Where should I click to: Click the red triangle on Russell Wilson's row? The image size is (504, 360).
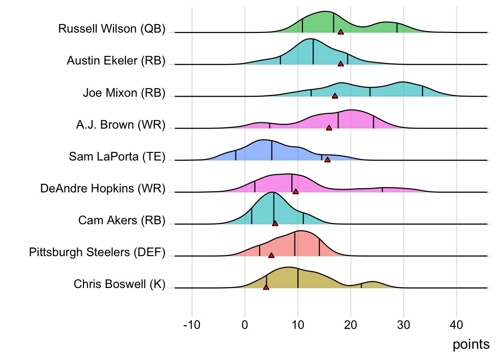click(x=340, y=32)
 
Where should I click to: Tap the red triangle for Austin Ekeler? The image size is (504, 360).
click(x=340, y=64)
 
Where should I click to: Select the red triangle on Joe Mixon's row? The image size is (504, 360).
click(x=335, y=96)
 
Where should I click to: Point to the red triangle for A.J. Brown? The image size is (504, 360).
click(x=329, y=128)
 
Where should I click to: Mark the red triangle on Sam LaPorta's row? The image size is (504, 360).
click(x=327, y=160)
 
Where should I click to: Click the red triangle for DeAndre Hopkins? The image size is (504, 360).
click(x=295, y=192)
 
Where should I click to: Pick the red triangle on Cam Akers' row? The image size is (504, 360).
click(x=275, y=223)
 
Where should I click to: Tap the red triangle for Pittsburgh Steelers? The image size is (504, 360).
click(x=271, y=255)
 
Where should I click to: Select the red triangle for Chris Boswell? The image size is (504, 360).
click(x=266, y=287)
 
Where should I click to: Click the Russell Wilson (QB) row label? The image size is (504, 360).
click(x=112, y=29)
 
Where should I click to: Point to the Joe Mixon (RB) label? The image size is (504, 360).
click(x=124, y=93)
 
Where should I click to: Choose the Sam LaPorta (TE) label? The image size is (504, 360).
click(x=117, y=156)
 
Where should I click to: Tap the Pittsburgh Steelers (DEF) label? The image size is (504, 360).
click(x=97, y=252)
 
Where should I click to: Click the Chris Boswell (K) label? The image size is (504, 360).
click(x=119, y=284)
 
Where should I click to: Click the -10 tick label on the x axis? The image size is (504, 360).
click(x=192, y=325)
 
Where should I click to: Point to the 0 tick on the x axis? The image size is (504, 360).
click(x=245, y=325)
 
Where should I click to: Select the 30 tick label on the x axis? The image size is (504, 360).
click(x=403, y=325)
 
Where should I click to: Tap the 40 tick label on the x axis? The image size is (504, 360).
click(x=456, y=325)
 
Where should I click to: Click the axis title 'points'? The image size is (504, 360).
click(x=471, y=344)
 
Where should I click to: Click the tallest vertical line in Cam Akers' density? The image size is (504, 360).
click(x=274, y=208)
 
